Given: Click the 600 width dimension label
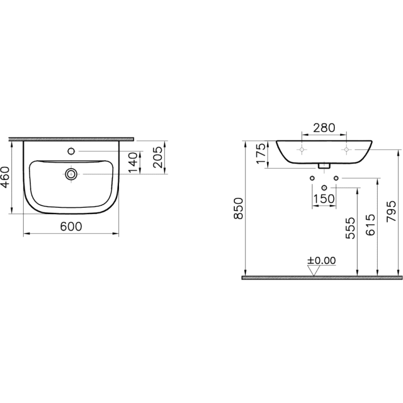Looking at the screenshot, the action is point(71,226).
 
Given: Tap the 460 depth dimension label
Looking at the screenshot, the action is point(5,177).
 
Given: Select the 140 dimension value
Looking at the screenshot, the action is point(134,163).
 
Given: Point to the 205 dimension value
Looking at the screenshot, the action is point(158,157).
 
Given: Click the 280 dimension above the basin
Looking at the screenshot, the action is point(324,128).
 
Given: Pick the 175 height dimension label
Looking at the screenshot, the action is point(261,154).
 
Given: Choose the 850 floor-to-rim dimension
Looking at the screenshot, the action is point(239,208).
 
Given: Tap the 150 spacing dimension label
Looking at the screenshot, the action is point(324,199).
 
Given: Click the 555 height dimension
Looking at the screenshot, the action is point(350,228).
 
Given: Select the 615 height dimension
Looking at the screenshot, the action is point(370,225).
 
